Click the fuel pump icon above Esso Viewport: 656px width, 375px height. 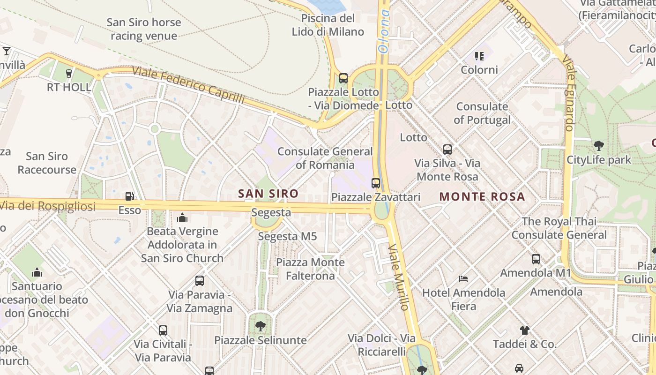tap(129, 197)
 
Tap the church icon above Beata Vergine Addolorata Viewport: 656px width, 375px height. tap(182, 217)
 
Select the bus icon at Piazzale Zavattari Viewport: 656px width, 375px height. tap(376, 183)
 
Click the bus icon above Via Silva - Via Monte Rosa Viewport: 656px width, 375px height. tap(447, 150)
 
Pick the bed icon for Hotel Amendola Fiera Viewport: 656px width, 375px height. tap(463, 279)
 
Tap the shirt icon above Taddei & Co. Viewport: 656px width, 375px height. tap(524, 330)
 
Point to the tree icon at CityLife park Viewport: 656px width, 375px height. tap(598, 146)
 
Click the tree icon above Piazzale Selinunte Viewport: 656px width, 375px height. tap(261, 326)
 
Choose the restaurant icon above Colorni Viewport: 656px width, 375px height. tap(479, 56)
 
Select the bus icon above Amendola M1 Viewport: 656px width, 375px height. tap(536, 259)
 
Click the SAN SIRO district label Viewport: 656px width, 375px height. tap(268, 194)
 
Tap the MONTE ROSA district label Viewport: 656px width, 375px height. tap(482, 197)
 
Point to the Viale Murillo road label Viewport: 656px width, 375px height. tap(399, 277)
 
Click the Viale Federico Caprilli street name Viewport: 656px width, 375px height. tap(188, 85)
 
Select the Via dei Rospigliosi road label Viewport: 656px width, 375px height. tap(47, 206)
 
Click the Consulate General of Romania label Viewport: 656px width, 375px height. tap(325, 158)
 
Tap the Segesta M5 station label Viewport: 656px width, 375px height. tap(288, 236)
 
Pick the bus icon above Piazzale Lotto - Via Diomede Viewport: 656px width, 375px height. tap(343, 78)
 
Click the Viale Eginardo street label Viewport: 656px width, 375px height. tap(568, 94)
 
